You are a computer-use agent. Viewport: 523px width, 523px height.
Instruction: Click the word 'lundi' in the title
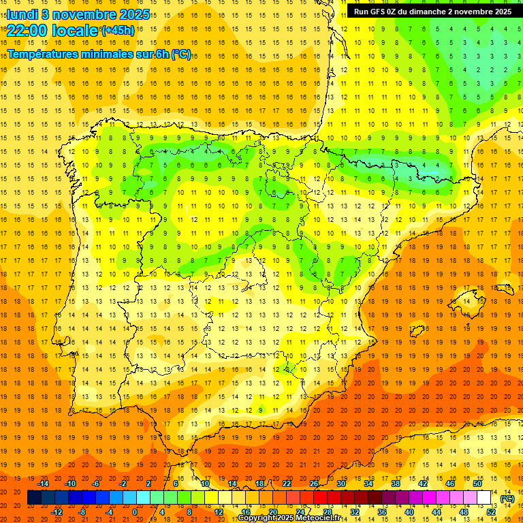coord(22,14)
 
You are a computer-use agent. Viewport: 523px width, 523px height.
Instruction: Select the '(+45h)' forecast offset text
coord(117,31)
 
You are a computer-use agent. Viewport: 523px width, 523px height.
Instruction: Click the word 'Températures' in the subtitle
coord(46,54)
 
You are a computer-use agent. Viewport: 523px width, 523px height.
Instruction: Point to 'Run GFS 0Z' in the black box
coord(376,12)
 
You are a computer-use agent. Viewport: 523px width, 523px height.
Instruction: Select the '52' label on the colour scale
coord(491,512)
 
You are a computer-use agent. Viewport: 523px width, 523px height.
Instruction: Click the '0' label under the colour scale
coord(135,512)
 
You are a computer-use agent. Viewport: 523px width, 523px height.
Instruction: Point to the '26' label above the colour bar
coord(313,484)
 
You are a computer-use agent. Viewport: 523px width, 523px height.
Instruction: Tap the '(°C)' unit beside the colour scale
coord(507,498)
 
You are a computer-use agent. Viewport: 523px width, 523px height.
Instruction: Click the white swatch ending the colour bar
coord(484,498)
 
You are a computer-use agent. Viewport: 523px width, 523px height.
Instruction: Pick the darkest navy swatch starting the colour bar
coord(34,498)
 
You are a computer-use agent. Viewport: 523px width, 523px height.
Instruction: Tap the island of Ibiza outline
coord(417,331)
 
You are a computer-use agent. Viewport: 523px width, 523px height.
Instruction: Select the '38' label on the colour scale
coord(395,484)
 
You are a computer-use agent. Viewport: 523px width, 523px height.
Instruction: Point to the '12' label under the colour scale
coord(219,512)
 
